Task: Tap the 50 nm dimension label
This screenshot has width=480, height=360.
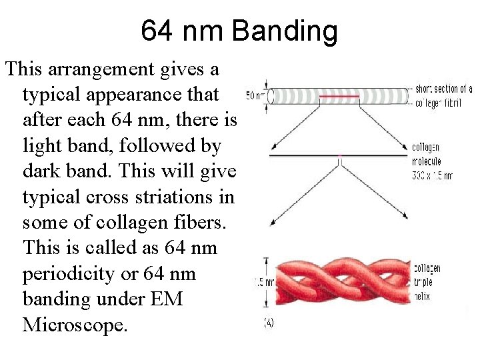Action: [x=256, y=95]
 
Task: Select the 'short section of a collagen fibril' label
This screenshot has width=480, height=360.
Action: [x=443, y=96]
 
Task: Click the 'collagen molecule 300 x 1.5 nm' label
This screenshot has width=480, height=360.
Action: [x=431, y=162]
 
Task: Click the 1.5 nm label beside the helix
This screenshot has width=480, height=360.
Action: [x=263, y=281]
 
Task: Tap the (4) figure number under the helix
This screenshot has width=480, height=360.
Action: [x=268, y=323]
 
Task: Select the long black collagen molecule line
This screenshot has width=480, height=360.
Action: [x=340, y=155]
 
